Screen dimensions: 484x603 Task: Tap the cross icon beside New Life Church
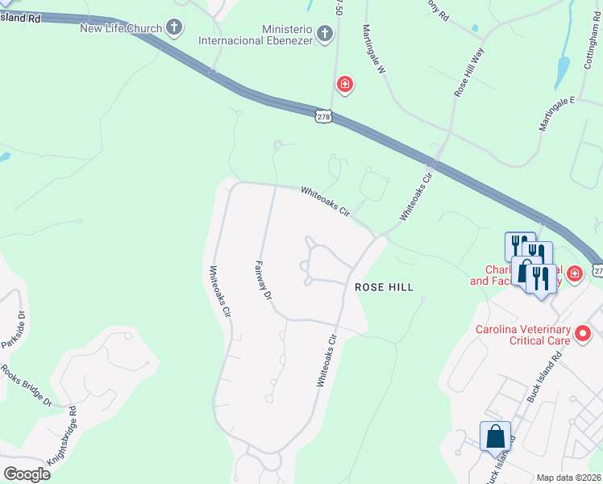pyautogui.click(x=173, y=28)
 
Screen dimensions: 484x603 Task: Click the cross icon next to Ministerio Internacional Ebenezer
pyautogui.click(x=324, y=34)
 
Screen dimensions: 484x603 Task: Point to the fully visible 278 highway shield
pyautogui.click(x=323, y=117)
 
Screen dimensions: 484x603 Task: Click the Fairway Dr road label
pyautogui.click(x=263, y=280)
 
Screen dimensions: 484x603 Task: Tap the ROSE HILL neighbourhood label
pyautogui.click(x=385, y=287)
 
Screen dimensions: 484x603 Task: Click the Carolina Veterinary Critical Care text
pyautogui.click(x=522, y=335)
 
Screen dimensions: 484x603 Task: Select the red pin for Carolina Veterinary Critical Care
pyautogui.click(x=584, y=332)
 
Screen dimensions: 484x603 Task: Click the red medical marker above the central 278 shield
pyautogui.click(x=345, y=85)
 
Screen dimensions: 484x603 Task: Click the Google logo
pyautogui.click(x=27, y=474)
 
